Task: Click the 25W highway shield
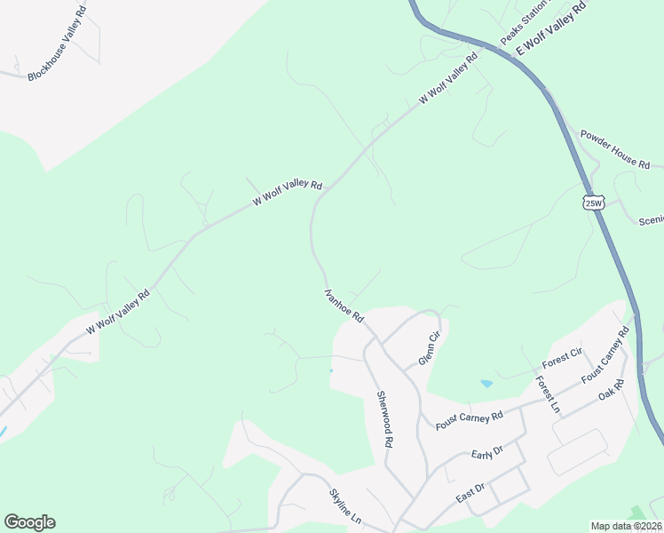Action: pyautogui.click(x=594, y=203)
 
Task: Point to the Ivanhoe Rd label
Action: pyautogui.click(x=344, y=304)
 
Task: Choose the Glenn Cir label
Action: pyautogui.click(x=429, y=348)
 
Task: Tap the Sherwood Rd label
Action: pyautogui.click(x=384, y=418)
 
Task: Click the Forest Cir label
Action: pyautogui.click(x=562, y=359)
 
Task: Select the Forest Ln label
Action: pyautogui.click(x=547, y=395)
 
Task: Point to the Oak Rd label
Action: pyautogui.click(x=612, y=389)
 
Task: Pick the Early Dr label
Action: pyautogui.click(x=487, y=453)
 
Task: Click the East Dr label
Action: pyautogui.click(x=470, y=494)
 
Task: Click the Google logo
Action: pyautogui.click(x=29, y=522)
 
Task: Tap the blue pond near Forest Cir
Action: pyautogui.click(x=486, y=384)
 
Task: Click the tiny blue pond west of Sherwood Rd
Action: pyautogui.click(x=330, y=370)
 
